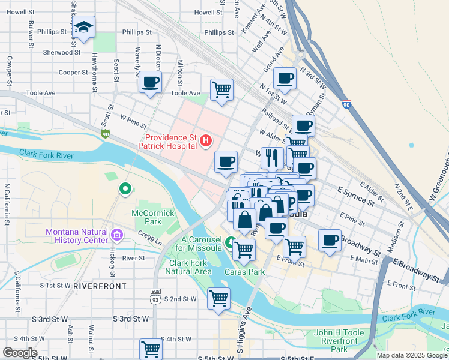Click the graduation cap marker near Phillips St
(x=83, y=27)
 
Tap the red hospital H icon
(x=206, y=141)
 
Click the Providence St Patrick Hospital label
(x=167, y=141)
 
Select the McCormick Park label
(x=153, y=217)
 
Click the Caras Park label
(x=245, y=272)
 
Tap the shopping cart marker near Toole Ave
(x=221, y=90)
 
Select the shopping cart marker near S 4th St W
(x=151, y=349)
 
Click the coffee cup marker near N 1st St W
(x=285, y=77)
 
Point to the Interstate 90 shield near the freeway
(x=346, y=104)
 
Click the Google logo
(x=20, y=353)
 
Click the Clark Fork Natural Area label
(x=190, y=267)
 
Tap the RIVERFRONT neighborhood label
(x=100, y=286)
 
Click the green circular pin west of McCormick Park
(x=125, y=190)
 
